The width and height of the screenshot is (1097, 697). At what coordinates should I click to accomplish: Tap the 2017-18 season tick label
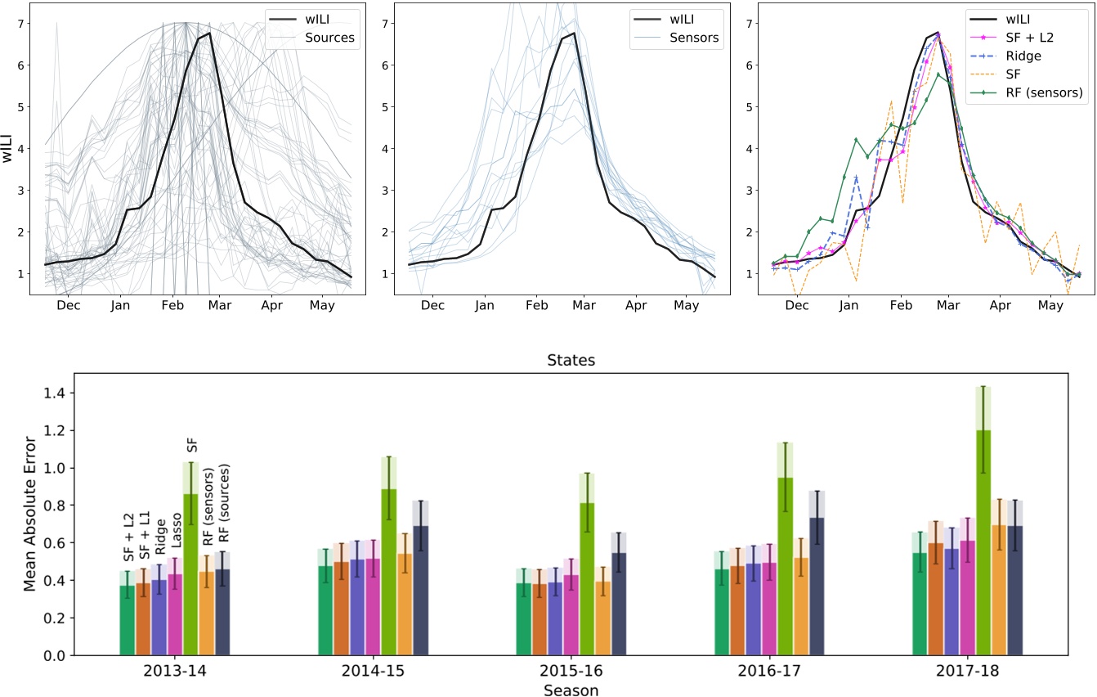[x=967, y=670]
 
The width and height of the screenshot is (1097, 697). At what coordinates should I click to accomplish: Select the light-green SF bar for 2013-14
[x=190, y=573]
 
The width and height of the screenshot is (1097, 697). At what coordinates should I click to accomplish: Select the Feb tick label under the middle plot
[x=536, y=306]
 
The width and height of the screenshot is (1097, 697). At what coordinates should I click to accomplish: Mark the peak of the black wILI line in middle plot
[x=575, y=34]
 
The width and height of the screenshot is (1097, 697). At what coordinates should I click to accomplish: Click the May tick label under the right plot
[x=1050, y=306]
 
